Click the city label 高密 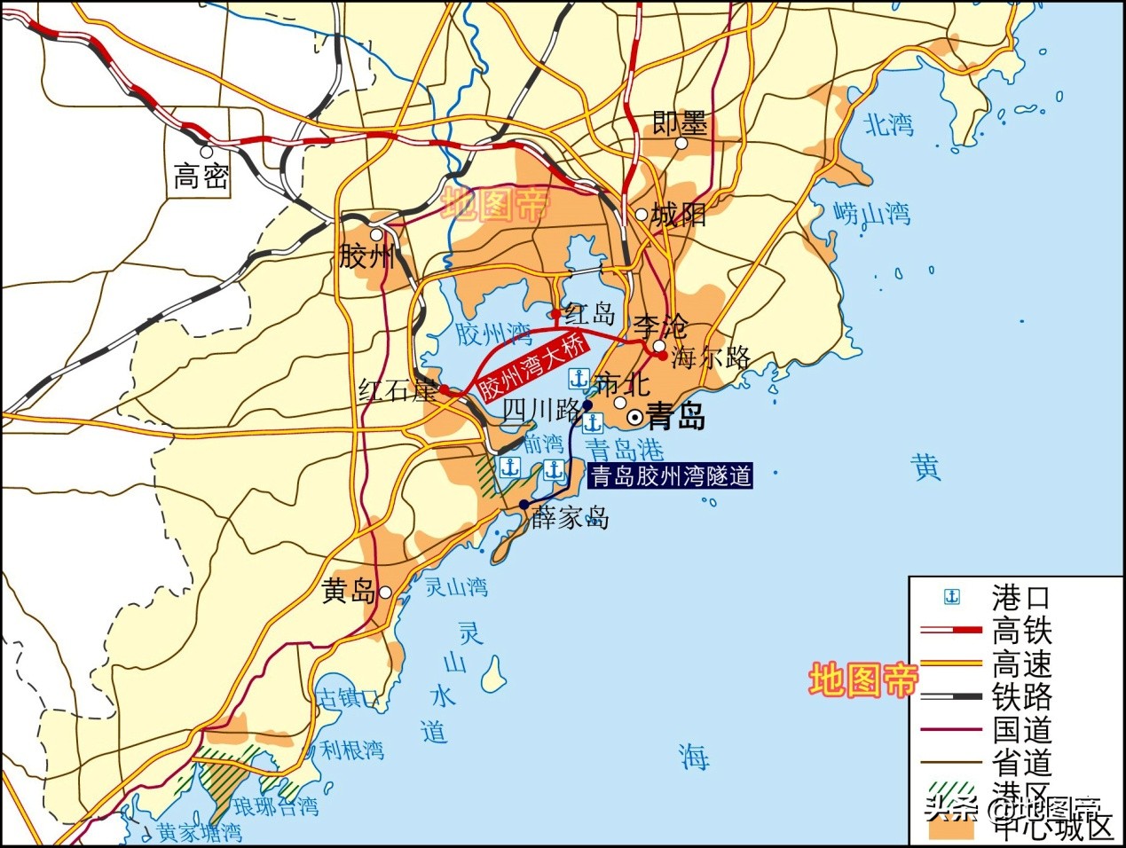pyautogui.click(x=201, y=177)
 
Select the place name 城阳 pyautogui.click(x=679, y=215)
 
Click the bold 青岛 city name pyautogui.click(x=677, y=416)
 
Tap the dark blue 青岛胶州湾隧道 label pyautogui.click(x=671, y=476)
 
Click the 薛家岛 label pyautogui.click(x=571, y=517)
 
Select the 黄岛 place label pyautogui.click(x=348, y=592)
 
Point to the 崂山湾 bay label pyautogui.click(x=872, y=213)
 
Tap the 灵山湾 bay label pyautogui.click(x=456, y=586)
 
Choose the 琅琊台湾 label pyautogui.click(x=275, y=807)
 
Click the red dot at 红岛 pyautogui.click(x=555, y=313)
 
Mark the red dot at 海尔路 pyautogui.click(x=662, y=356)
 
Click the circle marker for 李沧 pyautogui.click(x=658, y=346)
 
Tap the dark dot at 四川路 pyautogui.click(x=587, y=405)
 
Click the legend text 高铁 pyautogui.click(x=1021, y=631)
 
